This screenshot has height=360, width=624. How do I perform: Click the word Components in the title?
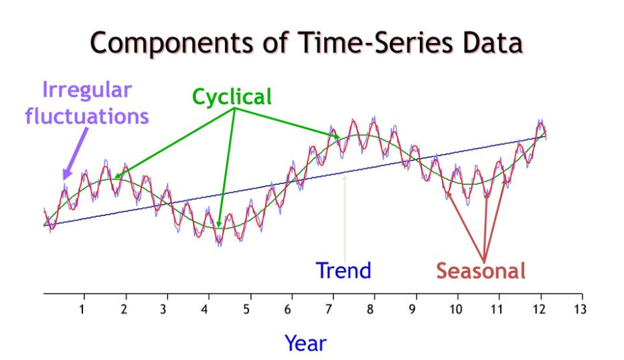pyautogui.click(x=173, y=43)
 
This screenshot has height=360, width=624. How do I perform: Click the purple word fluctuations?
pyautogui.click(x=87, y=116)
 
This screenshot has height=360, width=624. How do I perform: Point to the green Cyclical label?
pyautogui.click(x=232, y=97)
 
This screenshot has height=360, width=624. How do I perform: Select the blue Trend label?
pyautogui.click(x=343, y=270)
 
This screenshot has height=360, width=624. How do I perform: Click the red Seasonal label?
pyautogui.click(x=481, y=270)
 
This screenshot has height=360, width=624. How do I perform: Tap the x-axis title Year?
pyautogui.click(x=305, y=343)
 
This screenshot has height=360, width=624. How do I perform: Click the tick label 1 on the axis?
pyautogui.click(x=83, y=309)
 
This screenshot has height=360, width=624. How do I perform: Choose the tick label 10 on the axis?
pyautogui.click(x=455, y=309)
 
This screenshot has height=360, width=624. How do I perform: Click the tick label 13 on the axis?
pyautogui.click(x=580, y=309)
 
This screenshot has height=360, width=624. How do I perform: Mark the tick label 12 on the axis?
pyautogui.click(x=538, y=309)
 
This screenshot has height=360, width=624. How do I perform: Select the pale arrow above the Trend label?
pyautogui.click(x=345, y=214)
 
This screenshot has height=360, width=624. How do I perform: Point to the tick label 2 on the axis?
pyautogui.click(x=125, y=309)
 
